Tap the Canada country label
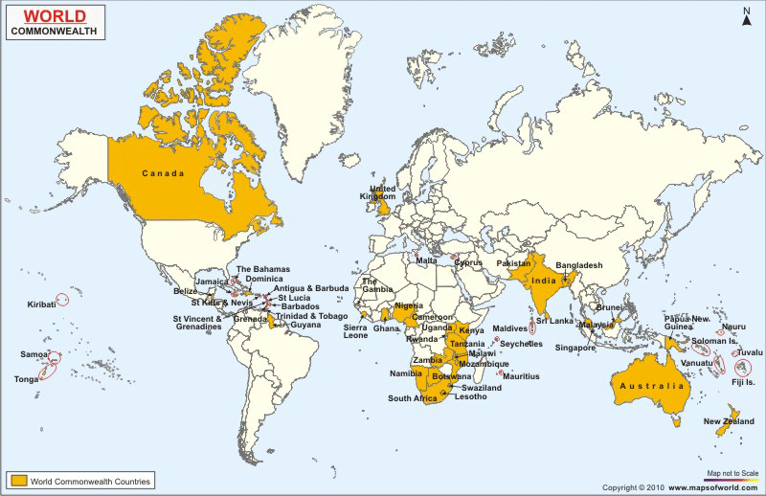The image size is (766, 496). [x=164, y=173]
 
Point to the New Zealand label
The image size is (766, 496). [x=728, y=422]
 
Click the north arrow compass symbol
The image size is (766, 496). [x=746, y=15]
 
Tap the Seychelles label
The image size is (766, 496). [x=521, y=344]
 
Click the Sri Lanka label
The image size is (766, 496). [x=554, y=321]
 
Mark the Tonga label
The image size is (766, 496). [x=26, y=379]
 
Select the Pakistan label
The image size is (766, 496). [x=514, y=262]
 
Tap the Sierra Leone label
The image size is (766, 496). [x=356, y=331]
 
